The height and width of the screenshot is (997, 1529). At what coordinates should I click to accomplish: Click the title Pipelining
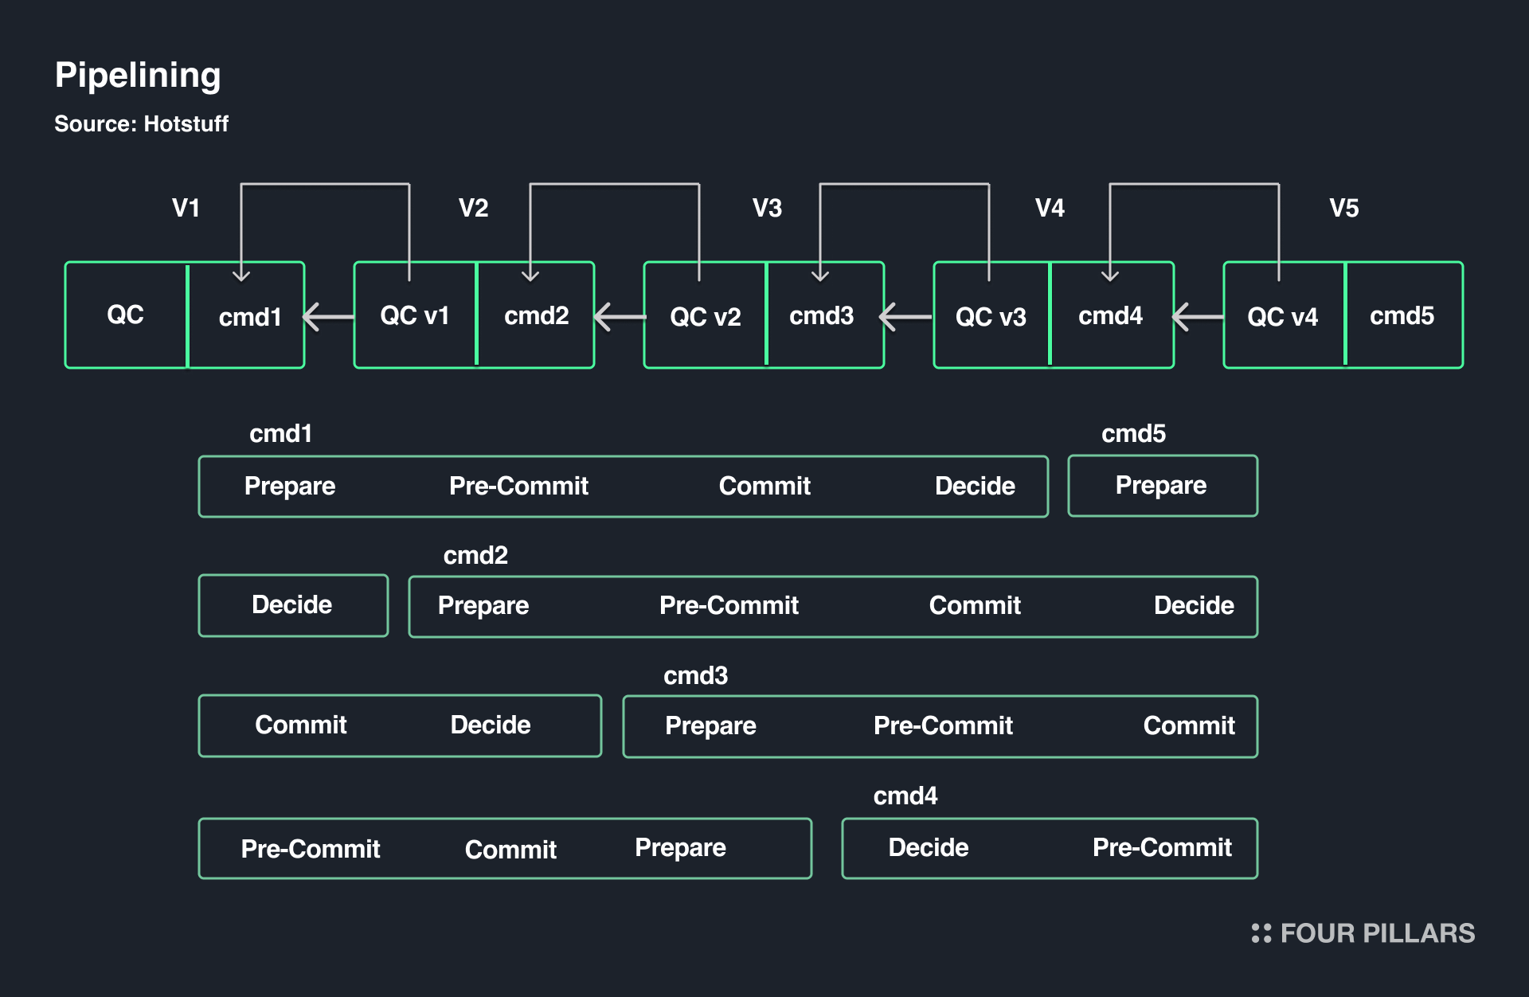click(138, 76)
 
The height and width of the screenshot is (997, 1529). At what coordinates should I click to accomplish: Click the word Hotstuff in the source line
click(186, 124)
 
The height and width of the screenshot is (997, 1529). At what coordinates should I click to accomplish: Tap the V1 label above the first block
click(186, 208)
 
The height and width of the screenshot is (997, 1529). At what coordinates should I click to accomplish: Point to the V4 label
click(1050, 208)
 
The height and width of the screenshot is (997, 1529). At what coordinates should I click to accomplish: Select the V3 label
click(767, 208)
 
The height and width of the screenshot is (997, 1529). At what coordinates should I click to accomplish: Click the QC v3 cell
click(991, 315)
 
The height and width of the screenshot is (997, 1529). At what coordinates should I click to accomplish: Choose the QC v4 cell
click(1284, 315)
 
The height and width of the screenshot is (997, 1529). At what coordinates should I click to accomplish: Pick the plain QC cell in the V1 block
click(126, 315)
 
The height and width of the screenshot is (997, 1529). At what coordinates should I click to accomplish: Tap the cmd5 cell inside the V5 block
click(1403, 315)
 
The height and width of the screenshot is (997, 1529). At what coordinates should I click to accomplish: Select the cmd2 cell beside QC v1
click(536, 315)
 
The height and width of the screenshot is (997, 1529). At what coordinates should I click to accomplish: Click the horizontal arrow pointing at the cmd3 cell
click(905, 317)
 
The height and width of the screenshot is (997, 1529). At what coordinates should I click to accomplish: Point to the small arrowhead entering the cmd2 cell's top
click(530, 275)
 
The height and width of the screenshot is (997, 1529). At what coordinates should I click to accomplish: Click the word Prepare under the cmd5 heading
click(1161, 486)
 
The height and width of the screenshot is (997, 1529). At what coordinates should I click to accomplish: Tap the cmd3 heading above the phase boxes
click(695, 675)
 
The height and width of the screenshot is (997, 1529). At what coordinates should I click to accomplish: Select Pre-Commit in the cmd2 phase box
click(729, 605)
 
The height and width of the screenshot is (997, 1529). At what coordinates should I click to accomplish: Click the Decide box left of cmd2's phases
click(293, 605)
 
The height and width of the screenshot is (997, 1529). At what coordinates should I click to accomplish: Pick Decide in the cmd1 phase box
click(975, 486)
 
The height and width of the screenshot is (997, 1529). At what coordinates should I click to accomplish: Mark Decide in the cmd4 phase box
click(929, 847)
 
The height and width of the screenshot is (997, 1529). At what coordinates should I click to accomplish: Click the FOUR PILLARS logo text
click(1378, 933)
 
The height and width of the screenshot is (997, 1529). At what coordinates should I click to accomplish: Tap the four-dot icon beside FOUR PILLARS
click(1261, 933)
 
